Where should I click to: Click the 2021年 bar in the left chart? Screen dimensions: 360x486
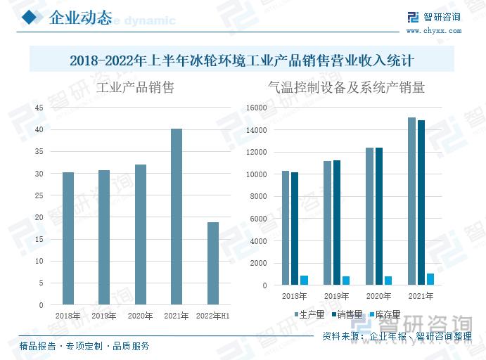(177, 217)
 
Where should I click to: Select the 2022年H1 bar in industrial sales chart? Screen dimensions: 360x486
(212, 264)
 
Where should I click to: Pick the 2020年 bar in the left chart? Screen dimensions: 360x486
(141, 235)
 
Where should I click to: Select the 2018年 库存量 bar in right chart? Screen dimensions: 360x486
(305, 280)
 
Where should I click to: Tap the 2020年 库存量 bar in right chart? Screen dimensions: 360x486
(388, 281)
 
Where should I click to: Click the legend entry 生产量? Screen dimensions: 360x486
(307, 314)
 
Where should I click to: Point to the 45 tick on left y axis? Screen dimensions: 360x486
(39, 108)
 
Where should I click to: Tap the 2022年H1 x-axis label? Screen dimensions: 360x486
(213, 316)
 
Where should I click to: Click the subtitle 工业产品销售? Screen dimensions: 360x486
(135, 88)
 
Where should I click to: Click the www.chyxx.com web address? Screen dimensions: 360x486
(434, 31)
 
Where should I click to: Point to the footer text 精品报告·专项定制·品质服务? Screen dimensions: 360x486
(84, 346)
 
